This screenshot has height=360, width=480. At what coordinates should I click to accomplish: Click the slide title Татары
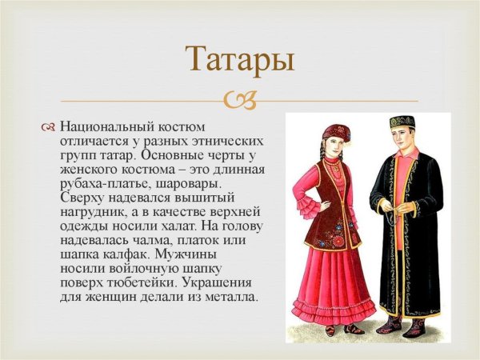[239, 61]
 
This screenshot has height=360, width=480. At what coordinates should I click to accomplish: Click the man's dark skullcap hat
[401, 122]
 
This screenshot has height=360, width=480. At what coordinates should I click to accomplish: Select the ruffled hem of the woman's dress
[334, 308]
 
